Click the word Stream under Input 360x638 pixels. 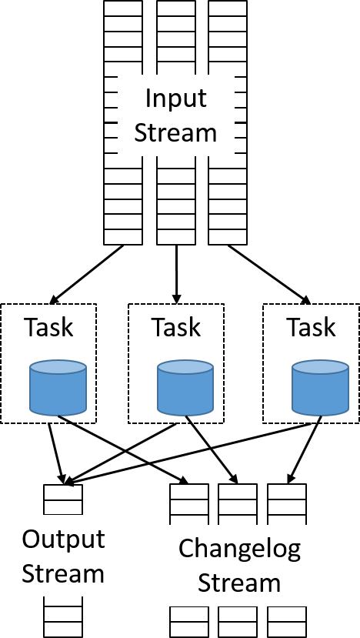point(175,133)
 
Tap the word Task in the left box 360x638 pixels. point(48,327)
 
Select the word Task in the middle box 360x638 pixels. point(176,327)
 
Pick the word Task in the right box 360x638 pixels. point(312,327)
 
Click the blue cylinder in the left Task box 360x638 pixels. point(58,387)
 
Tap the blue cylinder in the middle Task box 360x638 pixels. point(185,387)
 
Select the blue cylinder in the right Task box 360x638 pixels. point(321,387)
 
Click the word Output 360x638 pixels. point(63,539)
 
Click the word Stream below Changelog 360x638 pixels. point(239,583)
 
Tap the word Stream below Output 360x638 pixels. point(63,573)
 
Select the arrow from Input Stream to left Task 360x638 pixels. point(86,274)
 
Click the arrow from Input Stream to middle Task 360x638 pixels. point(176,274)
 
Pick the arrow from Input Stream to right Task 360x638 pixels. point(269,274)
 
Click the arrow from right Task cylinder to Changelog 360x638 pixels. point(305,449)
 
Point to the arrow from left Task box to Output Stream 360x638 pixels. point(56,453)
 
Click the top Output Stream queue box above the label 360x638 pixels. point(63,499)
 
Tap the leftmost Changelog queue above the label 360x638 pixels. point(189,504)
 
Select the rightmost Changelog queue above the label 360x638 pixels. point(287,504)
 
